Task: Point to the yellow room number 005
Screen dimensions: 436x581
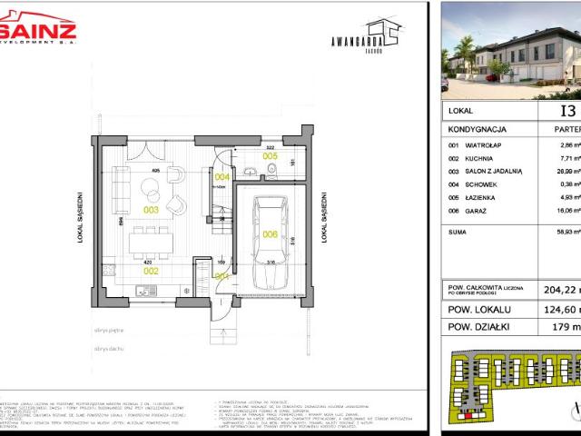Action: click(x=271, y=156)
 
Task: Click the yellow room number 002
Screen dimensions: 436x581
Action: click(x=150, y=270)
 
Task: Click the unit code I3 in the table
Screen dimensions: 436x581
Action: click(x=568, y=112)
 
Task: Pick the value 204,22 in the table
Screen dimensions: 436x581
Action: click(x=562, y=291)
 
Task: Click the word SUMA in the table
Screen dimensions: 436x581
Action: click(x=459, y=233)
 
